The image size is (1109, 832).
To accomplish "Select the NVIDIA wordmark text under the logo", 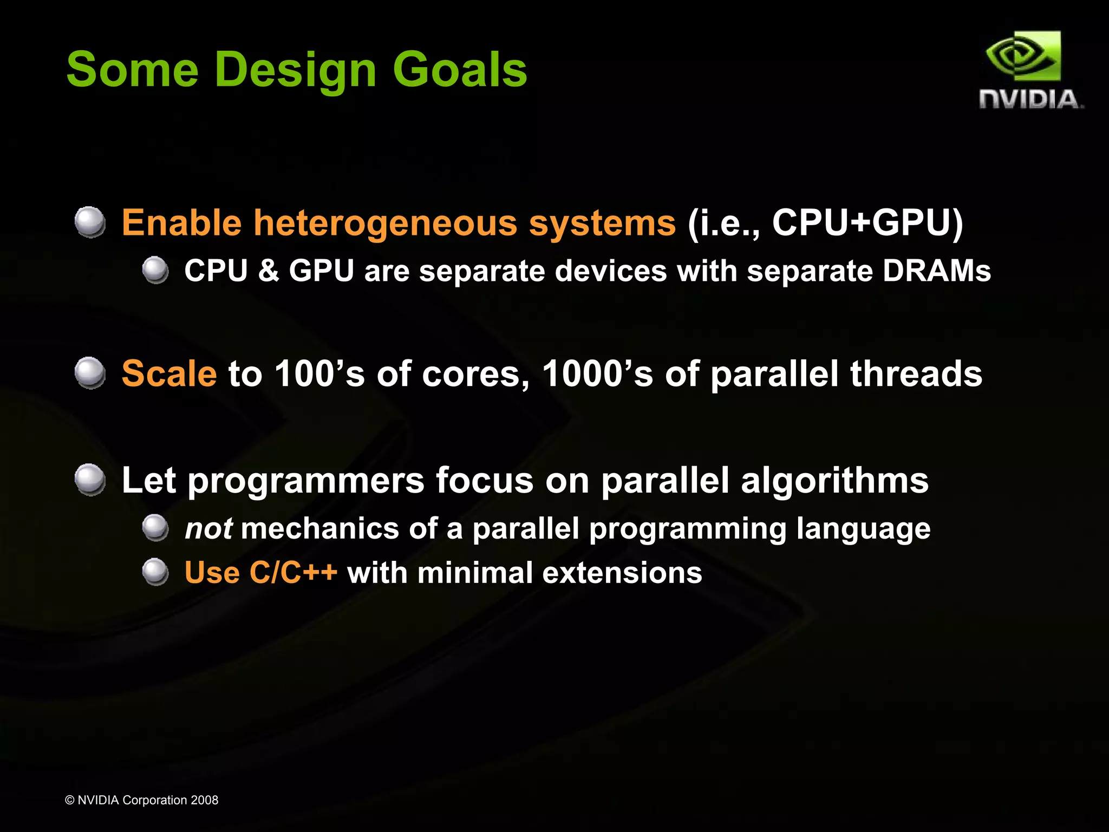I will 1030,100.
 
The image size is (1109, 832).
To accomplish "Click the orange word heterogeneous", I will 385,223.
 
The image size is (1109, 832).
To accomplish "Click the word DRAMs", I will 936,271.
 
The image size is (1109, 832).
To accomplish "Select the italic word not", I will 208,529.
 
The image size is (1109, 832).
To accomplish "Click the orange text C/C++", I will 293,573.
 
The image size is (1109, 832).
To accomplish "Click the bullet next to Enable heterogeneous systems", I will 90,222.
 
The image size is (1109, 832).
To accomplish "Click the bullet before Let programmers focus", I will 90,480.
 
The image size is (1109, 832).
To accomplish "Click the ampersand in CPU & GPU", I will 268,271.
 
